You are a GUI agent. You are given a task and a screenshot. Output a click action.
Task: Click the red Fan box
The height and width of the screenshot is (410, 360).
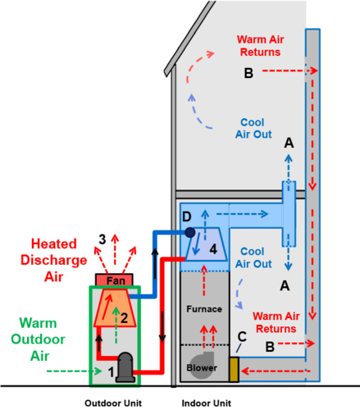(x=114, y=280)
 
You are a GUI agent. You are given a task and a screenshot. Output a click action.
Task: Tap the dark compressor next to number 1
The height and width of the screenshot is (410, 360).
(x=125, y=367)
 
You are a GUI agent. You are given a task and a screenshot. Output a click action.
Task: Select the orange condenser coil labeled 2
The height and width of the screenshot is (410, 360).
(x=115, y=308)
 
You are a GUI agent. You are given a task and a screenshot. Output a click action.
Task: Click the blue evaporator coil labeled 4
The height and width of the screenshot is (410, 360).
(x=207, y=244)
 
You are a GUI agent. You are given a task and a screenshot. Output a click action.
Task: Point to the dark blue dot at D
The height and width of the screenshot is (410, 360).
(x=190, y=232)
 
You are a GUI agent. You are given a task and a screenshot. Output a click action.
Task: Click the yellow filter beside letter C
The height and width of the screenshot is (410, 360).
(x=234, y=369)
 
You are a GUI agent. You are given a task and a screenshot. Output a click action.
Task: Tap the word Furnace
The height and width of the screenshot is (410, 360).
(x=204, y=309)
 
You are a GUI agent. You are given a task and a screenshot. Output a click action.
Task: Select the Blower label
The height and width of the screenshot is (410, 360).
(x=202, y=368)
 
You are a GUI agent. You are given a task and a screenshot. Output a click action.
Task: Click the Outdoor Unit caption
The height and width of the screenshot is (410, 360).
(x=113, y=403)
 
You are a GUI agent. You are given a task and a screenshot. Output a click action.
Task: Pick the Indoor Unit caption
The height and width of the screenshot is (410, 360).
(x=207, y=403)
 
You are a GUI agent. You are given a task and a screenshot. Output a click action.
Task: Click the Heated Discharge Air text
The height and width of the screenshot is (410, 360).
(x=54, y=260)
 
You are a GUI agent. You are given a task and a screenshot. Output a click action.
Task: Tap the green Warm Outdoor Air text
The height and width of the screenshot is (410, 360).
(x=38, y=339)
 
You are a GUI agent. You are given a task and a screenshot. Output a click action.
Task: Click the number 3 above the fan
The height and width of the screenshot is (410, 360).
(x=103, y=239)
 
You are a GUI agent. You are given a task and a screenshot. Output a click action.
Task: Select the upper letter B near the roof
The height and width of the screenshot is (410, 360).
(x=248, y=73)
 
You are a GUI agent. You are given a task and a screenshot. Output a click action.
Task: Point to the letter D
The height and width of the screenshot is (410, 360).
(x=187, y=216)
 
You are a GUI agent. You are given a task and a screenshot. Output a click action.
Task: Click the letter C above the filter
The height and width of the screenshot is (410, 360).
(x=242, y=336)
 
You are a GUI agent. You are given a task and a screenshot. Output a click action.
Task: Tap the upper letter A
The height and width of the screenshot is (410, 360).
(x=289, y=143)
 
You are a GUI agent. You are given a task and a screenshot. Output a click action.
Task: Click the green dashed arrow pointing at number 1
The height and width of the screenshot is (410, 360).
(x=75, y=371)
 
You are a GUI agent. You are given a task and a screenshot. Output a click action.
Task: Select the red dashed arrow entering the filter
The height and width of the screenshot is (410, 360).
(x=276, y=371)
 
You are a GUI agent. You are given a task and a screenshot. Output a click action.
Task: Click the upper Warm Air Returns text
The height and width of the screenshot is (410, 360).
(x=260, y=46)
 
